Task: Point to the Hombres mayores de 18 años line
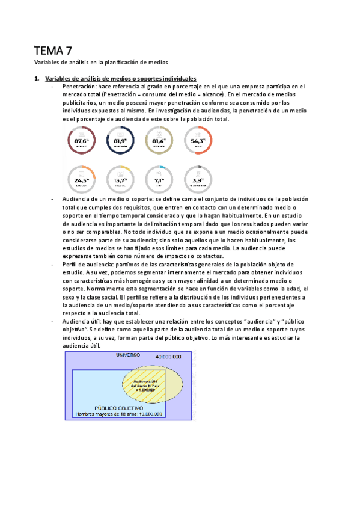click(x=118, y=414)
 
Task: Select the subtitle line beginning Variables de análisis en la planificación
click(x=101, y=62)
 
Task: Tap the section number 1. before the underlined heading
click(x=37, y=78)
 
